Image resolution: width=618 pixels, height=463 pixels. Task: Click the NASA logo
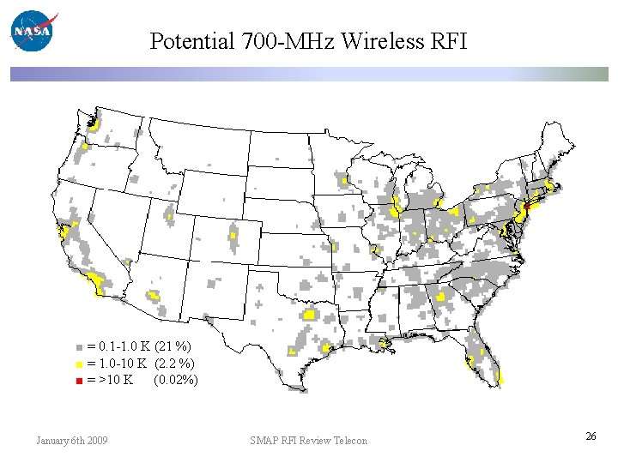[33, 32]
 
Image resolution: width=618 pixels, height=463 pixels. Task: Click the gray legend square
[79, 348]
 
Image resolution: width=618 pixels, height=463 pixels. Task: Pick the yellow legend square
[79, 364]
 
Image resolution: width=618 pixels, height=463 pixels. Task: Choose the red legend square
[79, 381]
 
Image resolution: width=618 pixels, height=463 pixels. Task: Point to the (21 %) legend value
[173, 347]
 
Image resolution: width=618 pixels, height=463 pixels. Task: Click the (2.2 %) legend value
[174, 364]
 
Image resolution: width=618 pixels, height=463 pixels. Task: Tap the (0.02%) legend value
[175, 380]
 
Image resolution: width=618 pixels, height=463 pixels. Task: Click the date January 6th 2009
[72, 441]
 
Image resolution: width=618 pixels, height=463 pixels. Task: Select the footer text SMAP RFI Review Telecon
[308, 441]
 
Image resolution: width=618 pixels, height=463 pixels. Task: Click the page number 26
[591, 437]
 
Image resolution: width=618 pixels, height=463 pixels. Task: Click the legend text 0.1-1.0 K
[125, 347]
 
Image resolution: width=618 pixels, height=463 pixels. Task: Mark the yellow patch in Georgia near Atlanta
[441, 298]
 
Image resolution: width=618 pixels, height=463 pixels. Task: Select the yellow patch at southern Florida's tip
[500, 377]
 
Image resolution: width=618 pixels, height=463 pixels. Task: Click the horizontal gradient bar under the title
[309, 75]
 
